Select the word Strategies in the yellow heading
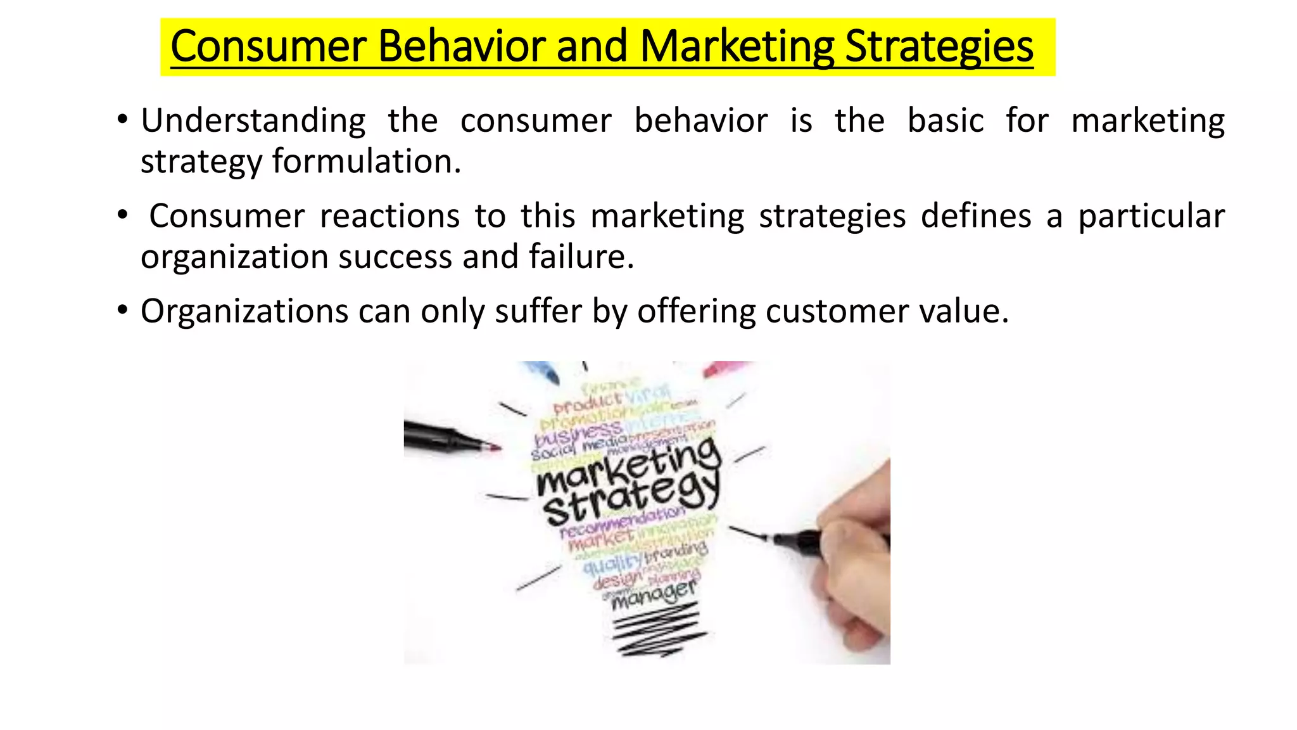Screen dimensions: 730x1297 click(x=939, y=46)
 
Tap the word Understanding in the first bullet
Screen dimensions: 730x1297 click(x=253, y=120)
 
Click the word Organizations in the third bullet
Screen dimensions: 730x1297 click(x=244, y=311)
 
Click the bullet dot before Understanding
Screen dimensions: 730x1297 click(x=123, y=120)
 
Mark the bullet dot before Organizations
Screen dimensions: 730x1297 click(x=123, y=311)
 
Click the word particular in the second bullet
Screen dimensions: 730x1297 click(x=1151, y=215)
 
